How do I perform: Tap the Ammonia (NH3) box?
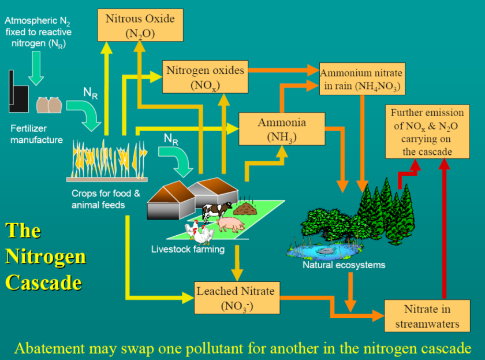pyautogui.click(x=282, y=129)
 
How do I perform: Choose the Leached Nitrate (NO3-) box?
pyautogui.click(x=235, y=298)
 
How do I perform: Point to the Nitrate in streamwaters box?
pyautogui.click(x=427, y=316)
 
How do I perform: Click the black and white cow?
pyautogui.click(x=216, y=210)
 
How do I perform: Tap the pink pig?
pyautogui.click(x=229, y=223)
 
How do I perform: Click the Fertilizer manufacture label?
pyautogui.click(x=36, y=134)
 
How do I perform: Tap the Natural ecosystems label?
pyautogui.click(x=344, y=265)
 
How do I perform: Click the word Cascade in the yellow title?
pyautogui.click(x=43, y=283)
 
